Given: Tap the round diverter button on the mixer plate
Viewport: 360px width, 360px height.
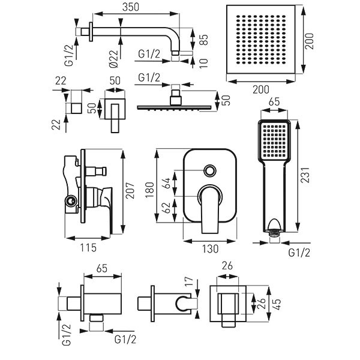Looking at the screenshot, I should (210, 170).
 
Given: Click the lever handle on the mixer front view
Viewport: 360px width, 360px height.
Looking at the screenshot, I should (210, 207).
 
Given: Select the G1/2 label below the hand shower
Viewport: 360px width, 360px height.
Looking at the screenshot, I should (300, 253).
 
